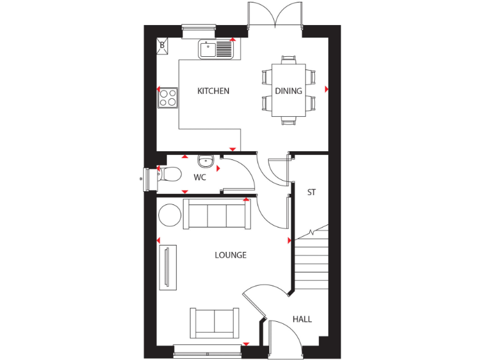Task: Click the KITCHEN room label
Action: [213, 91]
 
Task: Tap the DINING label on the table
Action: [289, 91]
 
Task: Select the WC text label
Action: [199, 177]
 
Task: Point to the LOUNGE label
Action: [230, 255]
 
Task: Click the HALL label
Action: [302, 319]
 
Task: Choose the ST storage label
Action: [311, 192]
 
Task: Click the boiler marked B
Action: [162, 45]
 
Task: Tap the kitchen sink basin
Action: [207, 48]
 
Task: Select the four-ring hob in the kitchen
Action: [167, 97]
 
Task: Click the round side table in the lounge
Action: [169, 215]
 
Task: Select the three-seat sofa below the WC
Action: [216, 215]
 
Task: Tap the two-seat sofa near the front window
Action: [214, 322]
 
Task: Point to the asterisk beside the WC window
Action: [141, 179]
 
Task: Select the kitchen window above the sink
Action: [199, 27]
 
